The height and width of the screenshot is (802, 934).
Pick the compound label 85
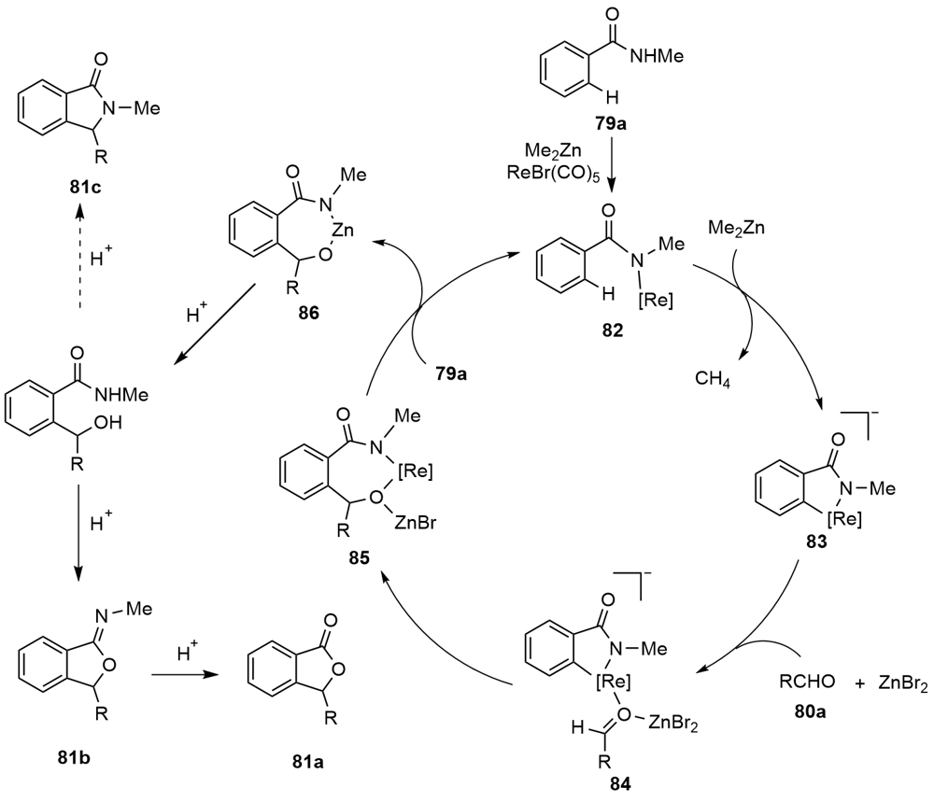356,558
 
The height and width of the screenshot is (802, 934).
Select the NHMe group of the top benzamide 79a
659,55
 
